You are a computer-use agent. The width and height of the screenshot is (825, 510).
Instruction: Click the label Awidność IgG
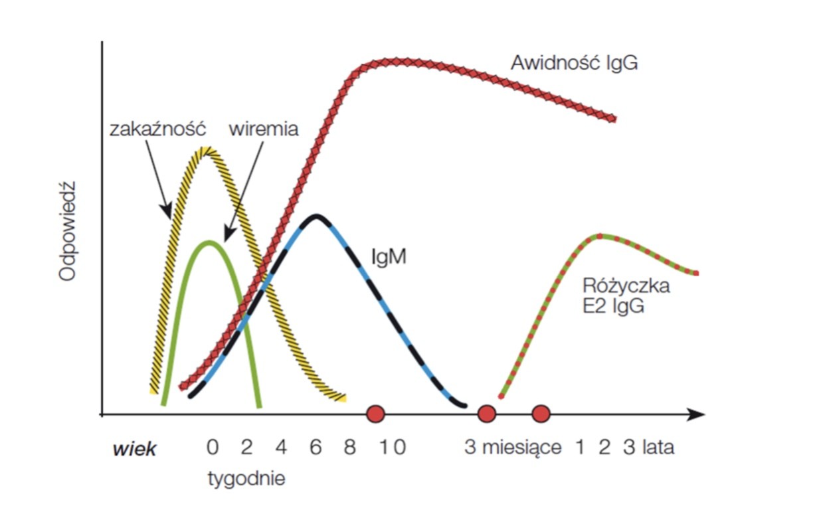574,64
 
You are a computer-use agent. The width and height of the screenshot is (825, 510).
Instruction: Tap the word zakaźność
157,128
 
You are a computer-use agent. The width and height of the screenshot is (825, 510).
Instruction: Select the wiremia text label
263,128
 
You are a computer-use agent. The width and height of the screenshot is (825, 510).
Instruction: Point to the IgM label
389,256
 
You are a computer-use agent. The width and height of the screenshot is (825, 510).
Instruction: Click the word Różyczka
626,287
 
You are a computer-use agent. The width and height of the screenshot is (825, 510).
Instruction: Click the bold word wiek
135,449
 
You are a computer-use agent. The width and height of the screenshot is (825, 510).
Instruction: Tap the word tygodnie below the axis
246,478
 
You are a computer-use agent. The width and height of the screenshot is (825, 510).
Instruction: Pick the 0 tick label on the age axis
212,448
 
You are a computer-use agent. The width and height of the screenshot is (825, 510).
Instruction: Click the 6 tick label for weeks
316,448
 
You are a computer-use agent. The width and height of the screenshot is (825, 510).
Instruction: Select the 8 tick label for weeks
350,448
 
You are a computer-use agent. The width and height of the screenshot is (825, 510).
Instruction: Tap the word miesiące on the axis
522,448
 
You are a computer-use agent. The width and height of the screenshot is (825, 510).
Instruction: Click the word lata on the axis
658,448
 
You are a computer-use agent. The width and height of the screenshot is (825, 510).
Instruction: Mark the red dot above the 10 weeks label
376,414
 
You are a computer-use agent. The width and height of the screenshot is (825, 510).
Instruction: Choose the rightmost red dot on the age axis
541,414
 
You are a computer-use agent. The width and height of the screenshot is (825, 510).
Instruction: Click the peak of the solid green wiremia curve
210,242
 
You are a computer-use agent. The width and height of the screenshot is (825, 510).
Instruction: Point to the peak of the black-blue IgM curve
317,216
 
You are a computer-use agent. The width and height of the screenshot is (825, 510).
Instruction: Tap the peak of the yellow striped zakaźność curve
206,150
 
